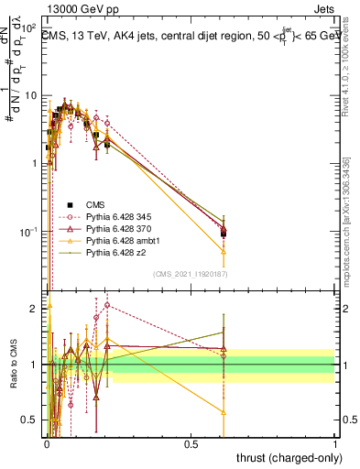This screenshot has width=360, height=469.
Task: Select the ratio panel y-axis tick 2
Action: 33,309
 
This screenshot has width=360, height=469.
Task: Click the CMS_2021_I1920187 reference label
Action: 190,273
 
